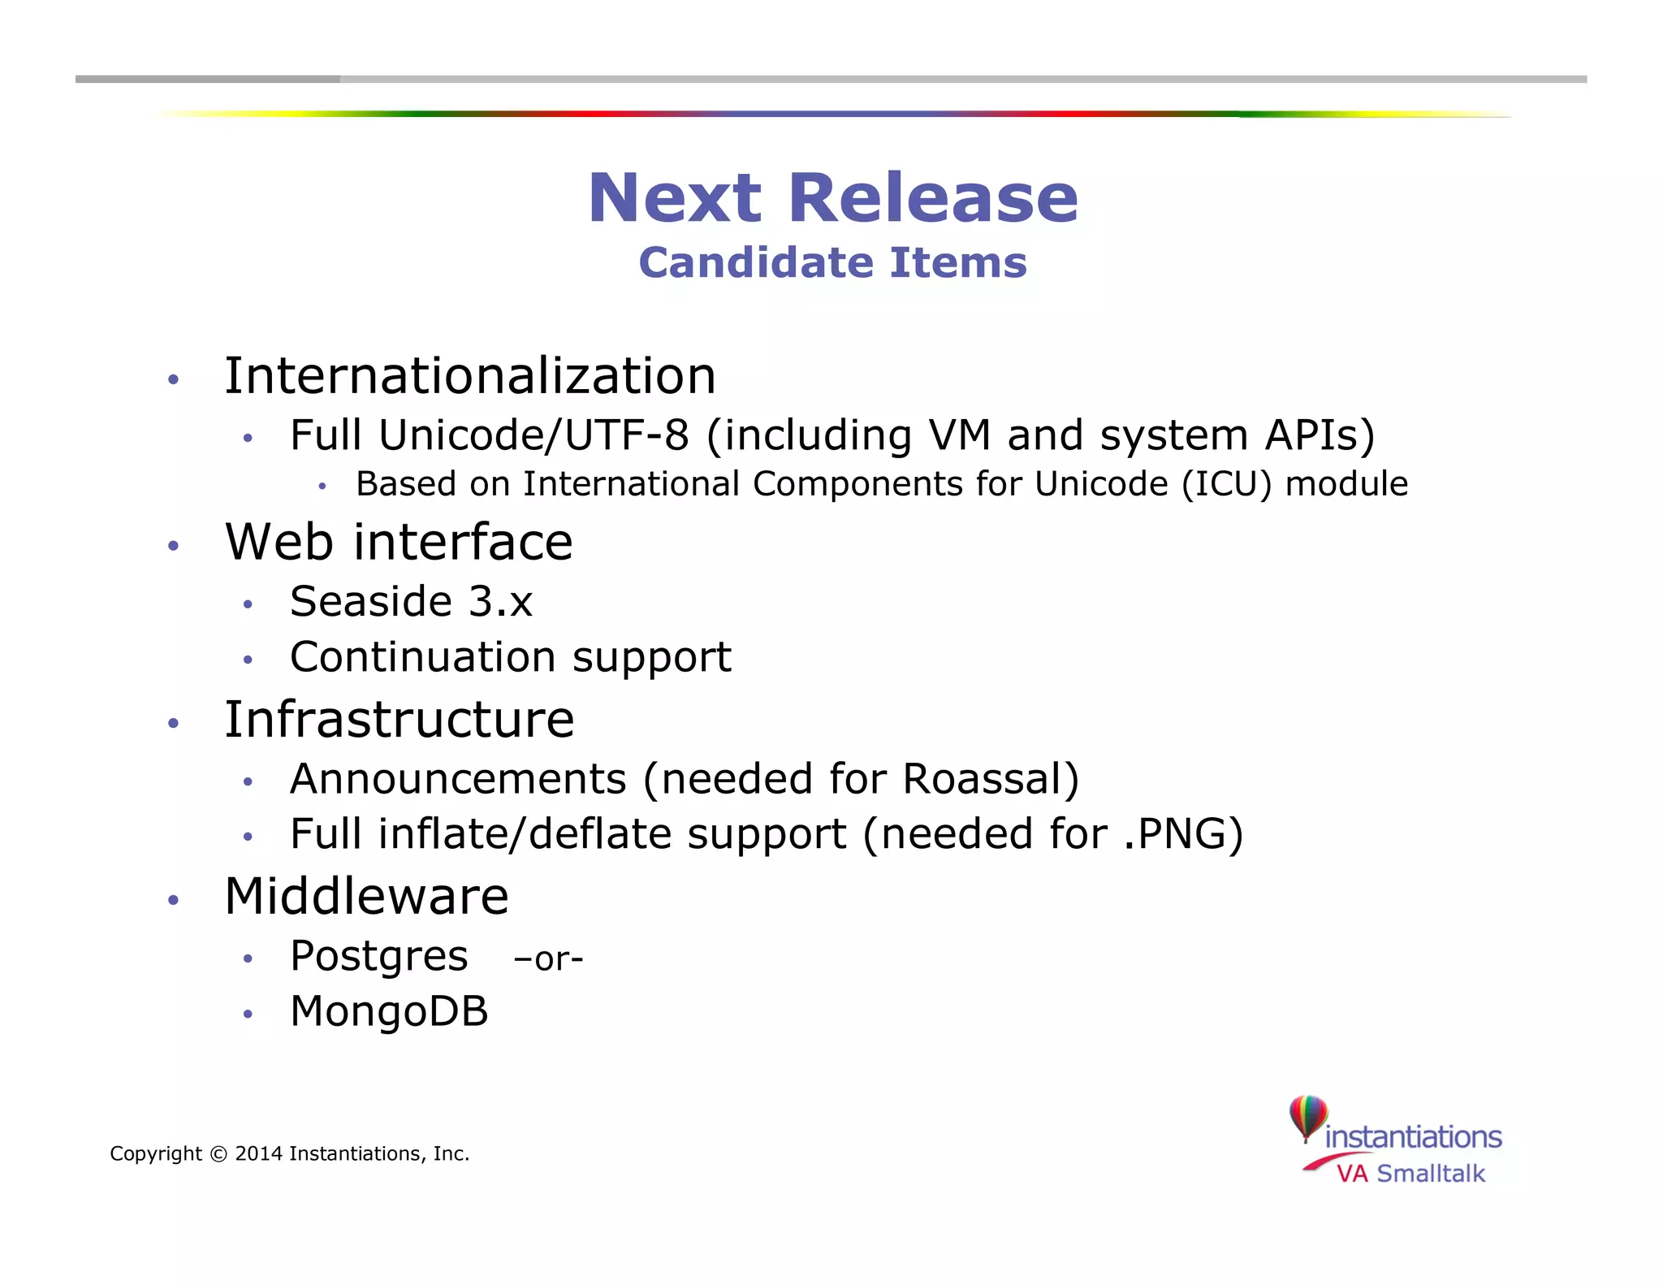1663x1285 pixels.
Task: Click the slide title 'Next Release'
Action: [x=833, y=198]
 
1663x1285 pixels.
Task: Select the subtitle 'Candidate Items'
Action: [x=832, y=262]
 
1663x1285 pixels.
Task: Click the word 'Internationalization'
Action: [x=470, y=376]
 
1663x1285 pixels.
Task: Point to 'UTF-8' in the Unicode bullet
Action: [x=627, y=435]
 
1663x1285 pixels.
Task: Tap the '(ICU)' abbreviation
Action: [x=1226, y=484]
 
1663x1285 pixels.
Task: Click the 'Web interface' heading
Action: [x=399, y=542]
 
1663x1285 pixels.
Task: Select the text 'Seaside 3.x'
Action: [x=411, y=602]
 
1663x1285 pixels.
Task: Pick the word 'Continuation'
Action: [x=422, y=656]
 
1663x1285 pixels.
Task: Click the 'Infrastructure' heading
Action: [x=399, y=720]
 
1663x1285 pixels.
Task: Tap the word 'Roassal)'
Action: [x=991, y=779]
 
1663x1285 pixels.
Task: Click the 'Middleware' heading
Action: [x=366, y=897]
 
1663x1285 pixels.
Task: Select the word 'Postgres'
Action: [x=378, y=957]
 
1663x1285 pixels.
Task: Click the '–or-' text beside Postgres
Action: [x=548, y=959]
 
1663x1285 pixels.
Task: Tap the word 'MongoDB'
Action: [x=389, y=1012]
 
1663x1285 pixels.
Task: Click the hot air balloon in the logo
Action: [x=1307, y=1117]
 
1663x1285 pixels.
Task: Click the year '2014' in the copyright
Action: [x=258, y=1154]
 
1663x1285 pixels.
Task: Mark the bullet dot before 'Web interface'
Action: [x=173, y=545]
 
